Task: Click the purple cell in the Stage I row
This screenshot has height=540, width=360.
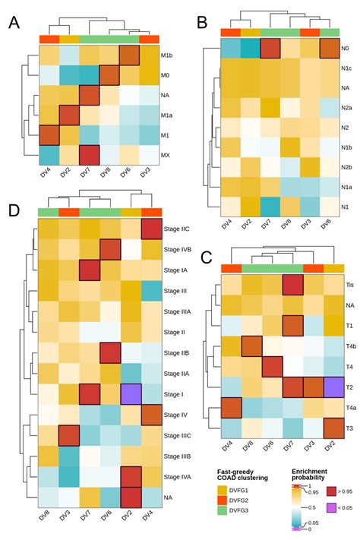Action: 131,393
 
